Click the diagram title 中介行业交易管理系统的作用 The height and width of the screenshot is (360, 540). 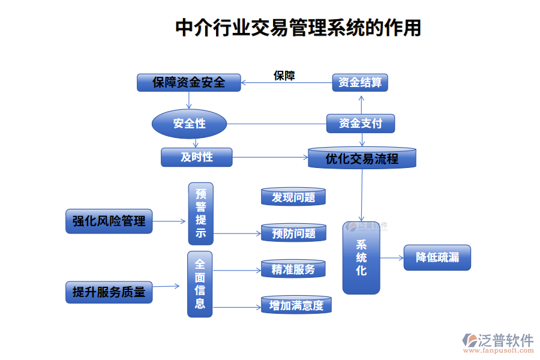pyautogui.click(x=298, y=28)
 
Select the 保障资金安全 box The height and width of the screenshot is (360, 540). pyautogui.click(x=188, y=82)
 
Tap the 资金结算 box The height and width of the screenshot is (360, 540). pyautogui.click(x=360, y=82)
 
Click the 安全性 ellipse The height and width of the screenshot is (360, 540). pyautogui.click(x=189, y=124)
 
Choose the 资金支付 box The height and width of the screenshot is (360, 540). pyautogui.click(x=361, y=124)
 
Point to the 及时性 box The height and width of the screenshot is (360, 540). pyautogui.click(x=196, y=157)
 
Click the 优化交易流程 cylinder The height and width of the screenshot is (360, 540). pyautogui.click(x=361, y=158)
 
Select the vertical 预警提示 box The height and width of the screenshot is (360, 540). pyautogui.click(x=200, y=214)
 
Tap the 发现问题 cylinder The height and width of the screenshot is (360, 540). pyautogui.click(x=293, y=197)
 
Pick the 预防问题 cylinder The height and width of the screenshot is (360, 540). pyautogui.click(x=293, y=233)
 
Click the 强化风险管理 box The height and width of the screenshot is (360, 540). pyautogui.click(x=109, y=221)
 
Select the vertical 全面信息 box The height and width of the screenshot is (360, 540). pyautogui.click(x=200, y=284)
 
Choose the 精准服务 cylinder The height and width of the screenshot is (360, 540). pyautogui.click(x=293, y=269)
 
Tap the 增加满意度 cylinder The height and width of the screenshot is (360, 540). pyautogui.click(x=296, y=305)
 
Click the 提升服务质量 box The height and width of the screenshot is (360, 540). pyautogui.click(x=109, y=292)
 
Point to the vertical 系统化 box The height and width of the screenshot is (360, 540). pyautogui.click(x=361, y=258)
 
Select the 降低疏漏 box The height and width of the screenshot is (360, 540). pyautogui.click(x=437, y=257)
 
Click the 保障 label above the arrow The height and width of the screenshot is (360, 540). pyautogui.click(x=284, y=76)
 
